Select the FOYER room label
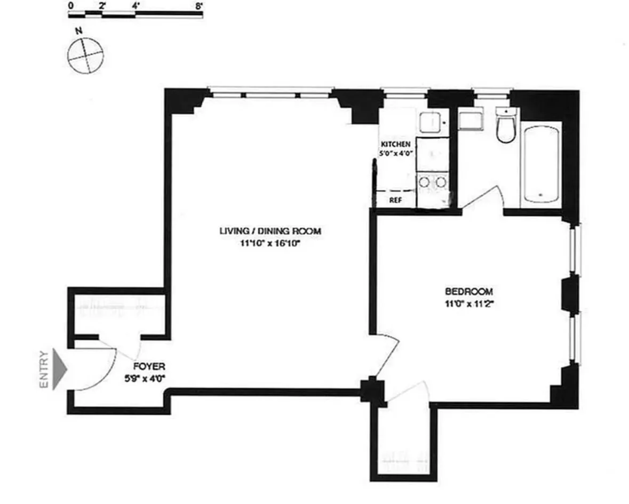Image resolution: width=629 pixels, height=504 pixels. point(149,367)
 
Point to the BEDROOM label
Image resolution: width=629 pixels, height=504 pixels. point(468,292)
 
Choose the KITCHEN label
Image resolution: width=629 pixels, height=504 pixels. point(395,145)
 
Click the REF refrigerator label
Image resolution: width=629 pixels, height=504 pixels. point(395,201)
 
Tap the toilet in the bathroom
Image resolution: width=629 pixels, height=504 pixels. point(504,127)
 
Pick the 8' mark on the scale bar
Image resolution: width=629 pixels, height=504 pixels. point(200,6)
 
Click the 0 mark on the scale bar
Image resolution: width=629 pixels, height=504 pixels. point(71,6)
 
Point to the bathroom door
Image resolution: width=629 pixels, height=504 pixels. point(482,198)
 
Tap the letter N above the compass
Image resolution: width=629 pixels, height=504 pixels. point(78,31)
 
